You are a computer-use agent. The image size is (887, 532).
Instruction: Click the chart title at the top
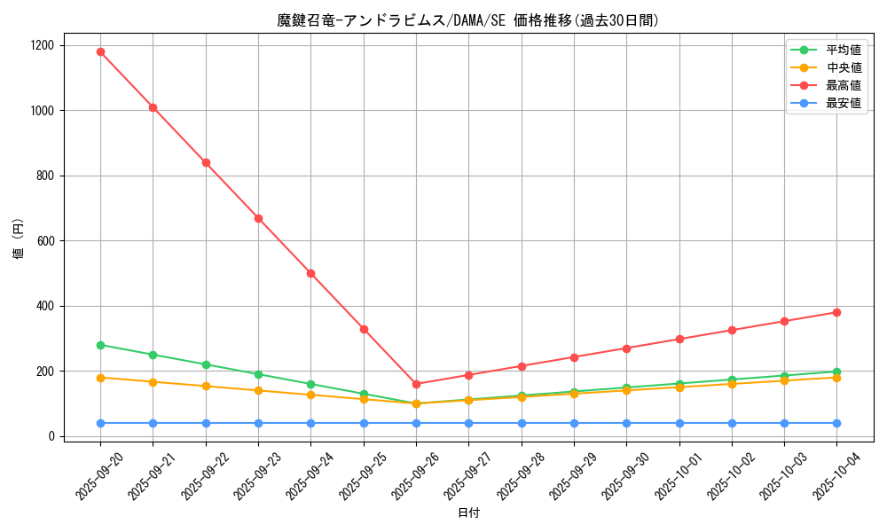(x=468, y=20)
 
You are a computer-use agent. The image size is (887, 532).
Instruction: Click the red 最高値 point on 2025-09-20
(x=100, y=51)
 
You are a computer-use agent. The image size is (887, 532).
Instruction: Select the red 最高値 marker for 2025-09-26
(x=416, y=384)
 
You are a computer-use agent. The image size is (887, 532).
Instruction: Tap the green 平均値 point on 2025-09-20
(x=100, y=345)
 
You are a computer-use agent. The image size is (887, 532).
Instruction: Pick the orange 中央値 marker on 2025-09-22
(x=206, y=386)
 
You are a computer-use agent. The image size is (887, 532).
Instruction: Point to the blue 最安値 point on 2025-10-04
(x=836, y=423)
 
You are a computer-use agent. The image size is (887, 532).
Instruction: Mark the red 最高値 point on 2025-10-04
(x=836, y=312)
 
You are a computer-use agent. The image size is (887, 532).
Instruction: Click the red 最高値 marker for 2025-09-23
(x=258, y=218)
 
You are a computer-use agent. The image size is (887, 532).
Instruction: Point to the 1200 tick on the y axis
(x=42, y=45)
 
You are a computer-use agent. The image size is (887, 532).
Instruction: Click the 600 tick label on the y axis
(x=45, y=241)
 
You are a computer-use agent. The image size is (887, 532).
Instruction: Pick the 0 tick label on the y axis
(x=52, y=436)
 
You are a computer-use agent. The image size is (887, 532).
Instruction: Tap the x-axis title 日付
(x=468, y=513)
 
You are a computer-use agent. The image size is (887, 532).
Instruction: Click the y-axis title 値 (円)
(x=19, y=240)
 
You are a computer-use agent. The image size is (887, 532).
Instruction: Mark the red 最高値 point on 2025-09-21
(x=153, y=107)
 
